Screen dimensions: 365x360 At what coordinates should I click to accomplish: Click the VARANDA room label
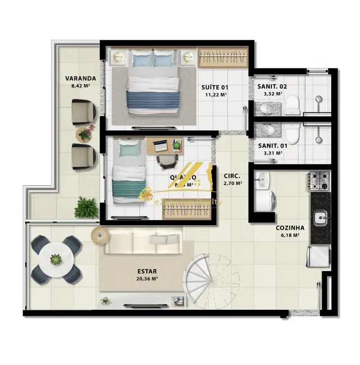pos(79,79)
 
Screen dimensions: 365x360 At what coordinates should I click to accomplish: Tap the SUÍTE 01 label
pos(215,87)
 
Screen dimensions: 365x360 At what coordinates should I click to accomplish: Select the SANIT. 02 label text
pos(272,86)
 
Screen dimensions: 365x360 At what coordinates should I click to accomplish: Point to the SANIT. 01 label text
pos(272,145)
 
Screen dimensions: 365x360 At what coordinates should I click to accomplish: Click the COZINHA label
pos(290,227)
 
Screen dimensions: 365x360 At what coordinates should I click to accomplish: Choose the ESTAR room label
pos(147,270)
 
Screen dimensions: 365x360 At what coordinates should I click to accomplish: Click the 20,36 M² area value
pos(147,278)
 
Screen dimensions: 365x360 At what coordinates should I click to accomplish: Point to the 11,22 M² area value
pos(215,95)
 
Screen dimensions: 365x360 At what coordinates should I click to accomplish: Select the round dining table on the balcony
pos(56,259)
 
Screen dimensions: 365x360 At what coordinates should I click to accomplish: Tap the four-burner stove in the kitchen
pos(319,181)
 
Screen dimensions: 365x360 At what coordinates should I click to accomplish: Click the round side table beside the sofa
pos(99,235)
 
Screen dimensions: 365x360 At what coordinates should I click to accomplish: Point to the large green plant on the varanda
pos(86,207)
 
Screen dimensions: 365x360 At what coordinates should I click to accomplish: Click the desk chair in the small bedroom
pos(166,161)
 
